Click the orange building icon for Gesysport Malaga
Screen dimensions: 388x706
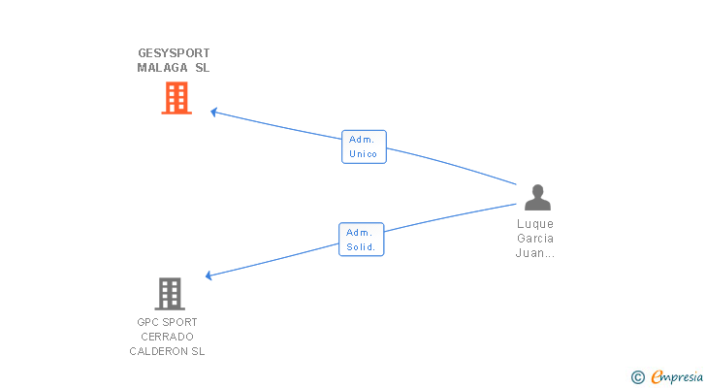coord(176,98)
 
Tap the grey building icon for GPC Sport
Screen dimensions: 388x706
coord(169,293)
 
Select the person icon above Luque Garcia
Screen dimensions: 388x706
coord(537,198)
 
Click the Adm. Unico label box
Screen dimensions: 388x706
coord(364,146)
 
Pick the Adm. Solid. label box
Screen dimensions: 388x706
coord(361,240)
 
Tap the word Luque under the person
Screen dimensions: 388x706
coord(535,224)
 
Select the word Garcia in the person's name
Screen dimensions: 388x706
coord(535,239)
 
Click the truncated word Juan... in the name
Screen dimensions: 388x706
coord(535,253)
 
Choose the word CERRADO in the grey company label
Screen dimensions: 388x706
coord(168,337)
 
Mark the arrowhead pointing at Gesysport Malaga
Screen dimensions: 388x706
coord(214,113)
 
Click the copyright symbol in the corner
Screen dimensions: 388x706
coord(637,377)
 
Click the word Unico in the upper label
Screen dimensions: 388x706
coord(364,154)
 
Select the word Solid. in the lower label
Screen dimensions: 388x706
coord(361,247)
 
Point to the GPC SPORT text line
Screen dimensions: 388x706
coord(168,322)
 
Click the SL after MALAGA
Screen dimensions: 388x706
coord(201,68)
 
